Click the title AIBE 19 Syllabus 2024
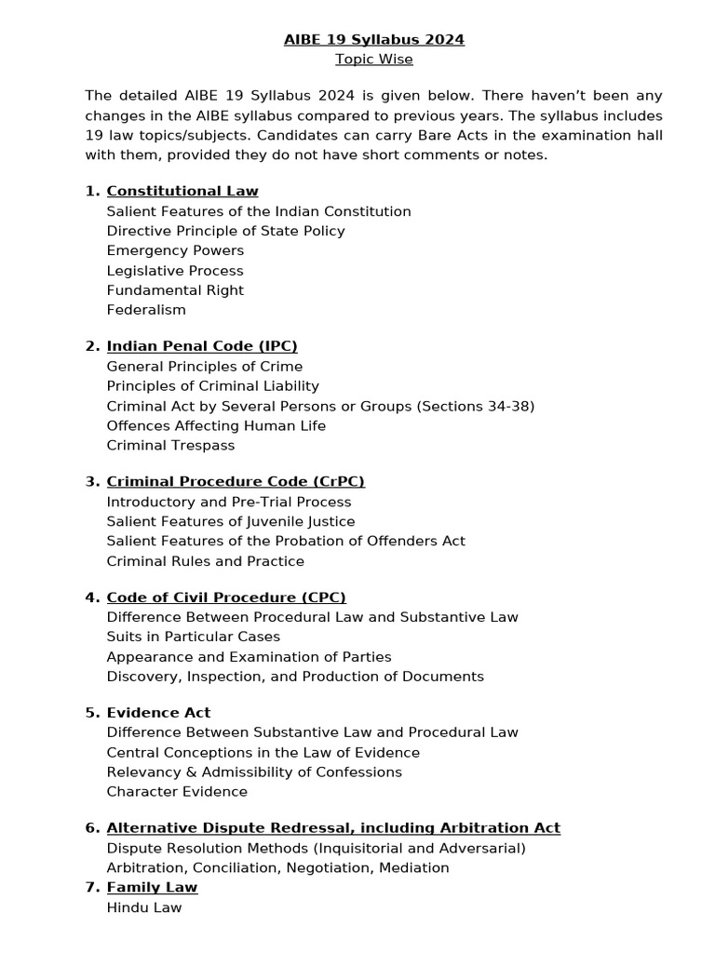tap(373, 39)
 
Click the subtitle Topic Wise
tap(373, 60)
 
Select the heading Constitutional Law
tap(182, 191)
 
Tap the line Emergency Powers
tap(175, 250)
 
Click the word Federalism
tap(146, 310)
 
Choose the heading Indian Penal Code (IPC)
tap(202, 346)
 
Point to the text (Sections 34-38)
tap(475, 406)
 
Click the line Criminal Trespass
tap(170, 445)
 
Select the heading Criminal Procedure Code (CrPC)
tap(236, 481)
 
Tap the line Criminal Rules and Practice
tap(205, 561)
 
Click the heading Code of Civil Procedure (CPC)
tap(226, 597)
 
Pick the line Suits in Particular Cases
tap(193, 637)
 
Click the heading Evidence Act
tap(158, 712)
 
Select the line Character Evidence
tap(177, 792)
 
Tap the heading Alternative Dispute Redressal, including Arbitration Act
tap(333, 827)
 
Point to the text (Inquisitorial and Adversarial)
tap(419, 848)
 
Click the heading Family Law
tap(152, 887)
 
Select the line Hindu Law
tap(144, 907)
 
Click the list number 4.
tap(91, 597)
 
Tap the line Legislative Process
tap(175, 271)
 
